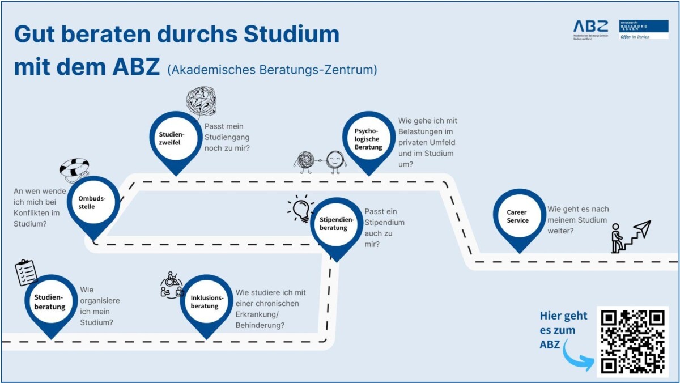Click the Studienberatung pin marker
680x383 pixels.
pos(51,303)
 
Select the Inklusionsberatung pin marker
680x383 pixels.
pos(206,302)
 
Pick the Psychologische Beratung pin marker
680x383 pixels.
pos(369,139)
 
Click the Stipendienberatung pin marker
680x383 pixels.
pos(337,224)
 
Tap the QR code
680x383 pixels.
pos(632,342)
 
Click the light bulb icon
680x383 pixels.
pos(301,208)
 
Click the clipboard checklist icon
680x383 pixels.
pos(26,272)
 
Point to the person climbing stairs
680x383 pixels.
pos(618,239)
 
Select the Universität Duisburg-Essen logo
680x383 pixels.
pos(643,29)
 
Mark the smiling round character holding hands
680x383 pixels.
pos(336,160)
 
